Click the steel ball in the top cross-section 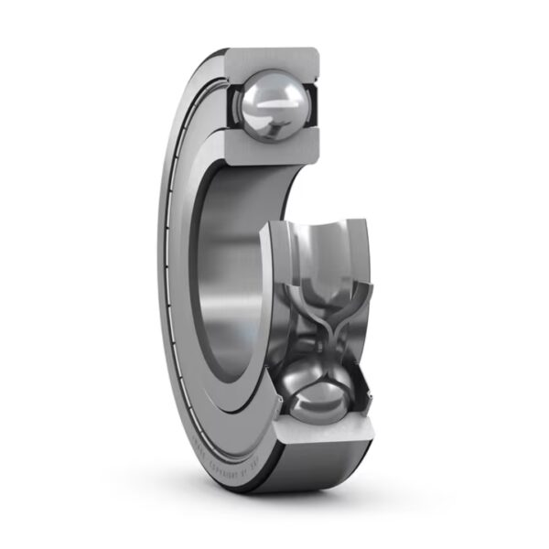pyautogui.click(x=273, y=106)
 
